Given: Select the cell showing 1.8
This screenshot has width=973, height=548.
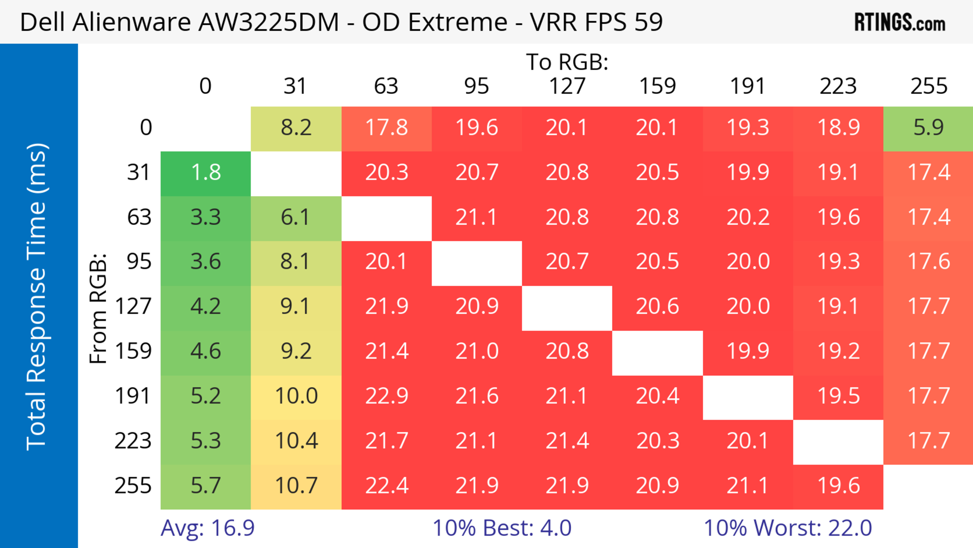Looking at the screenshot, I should tap(205, 173).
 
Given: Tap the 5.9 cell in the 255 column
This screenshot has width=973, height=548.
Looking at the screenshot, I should tap(928, 128).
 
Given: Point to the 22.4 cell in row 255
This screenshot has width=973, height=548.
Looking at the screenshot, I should tap(386, 486).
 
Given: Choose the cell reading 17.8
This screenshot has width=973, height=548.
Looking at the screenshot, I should tap(386, 128).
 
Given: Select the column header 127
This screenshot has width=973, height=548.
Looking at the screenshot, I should tap(567, 86).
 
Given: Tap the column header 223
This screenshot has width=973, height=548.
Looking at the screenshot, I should tap(838, 86).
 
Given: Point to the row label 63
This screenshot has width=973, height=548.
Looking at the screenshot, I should tap(139, 217).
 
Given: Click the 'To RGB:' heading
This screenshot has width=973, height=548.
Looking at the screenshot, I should tap(567, 62).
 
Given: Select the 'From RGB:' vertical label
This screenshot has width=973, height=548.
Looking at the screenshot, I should tap(98, 308).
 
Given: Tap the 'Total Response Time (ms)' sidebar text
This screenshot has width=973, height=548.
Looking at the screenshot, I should tap(37, 297).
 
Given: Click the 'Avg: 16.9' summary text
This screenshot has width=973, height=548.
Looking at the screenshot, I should tap(207, 528).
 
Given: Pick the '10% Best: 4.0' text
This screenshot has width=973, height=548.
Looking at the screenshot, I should tap(502, 528).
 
